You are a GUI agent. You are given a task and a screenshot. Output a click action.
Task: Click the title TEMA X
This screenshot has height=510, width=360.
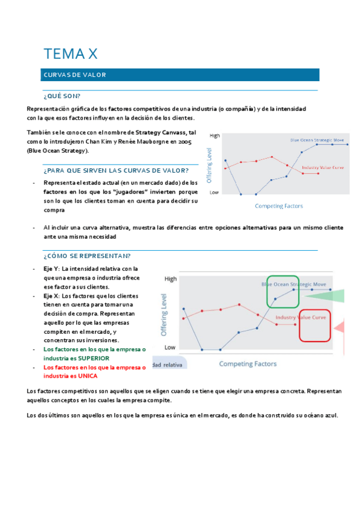pos(70,54)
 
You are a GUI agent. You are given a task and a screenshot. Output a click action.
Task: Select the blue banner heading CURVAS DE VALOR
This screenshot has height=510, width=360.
pos(75,75)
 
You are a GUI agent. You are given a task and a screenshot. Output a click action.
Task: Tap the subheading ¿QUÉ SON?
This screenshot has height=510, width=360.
pos(62,96)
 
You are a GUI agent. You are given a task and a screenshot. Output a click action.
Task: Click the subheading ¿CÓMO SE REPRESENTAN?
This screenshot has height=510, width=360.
pos(87,256)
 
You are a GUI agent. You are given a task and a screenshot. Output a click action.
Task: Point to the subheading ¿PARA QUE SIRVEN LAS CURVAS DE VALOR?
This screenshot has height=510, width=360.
pos(116,170)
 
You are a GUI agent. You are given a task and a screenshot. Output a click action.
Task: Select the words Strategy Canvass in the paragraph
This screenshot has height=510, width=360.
pos(159,132)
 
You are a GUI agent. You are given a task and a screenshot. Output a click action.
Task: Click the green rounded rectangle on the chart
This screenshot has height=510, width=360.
pos(282,292)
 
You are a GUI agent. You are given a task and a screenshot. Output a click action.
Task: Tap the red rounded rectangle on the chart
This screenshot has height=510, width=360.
pos(314,325)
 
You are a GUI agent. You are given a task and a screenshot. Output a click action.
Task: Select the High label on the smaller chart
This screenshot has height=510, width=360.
pos(215,136)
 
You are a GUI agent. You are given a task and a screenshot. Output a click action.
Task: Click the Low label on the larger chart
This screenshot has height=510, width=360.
pos(170,347)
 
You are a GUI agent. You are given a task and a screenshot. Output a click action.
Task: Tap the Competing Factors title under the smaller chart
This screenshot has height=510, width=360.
pos(279,206)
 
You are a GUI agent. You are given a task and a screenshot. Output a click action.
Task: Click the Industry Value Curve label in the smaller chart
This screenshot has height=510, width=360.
pos(323,167)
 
